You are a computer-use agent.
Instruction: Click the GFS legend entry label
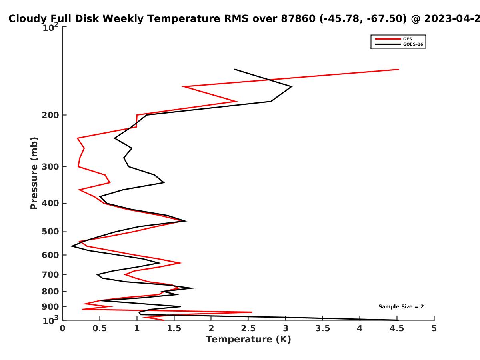(407, 39)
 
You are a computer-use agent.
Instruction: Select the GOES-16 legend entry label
(413, 44)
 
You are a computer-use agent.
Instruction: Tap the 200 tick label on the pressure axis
(50, 115)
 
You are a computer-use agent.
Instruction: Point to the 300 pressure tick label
(50, 166)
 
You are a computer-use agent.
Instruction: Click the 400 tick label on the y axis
(50, 203)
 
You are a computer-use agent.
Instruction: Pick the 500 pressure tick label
(50, 232)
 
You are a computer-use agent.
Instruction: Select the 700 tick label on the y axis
(50, 274)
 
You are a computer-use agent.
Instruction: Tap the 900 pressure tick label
(50, 307)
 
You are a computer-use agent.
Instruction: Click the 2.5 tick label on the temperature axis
(248, 328)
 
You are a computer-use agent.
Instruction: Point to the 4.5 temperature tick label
(397, 328)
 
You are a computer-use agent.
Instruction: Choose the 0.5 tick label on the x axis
(100, 328)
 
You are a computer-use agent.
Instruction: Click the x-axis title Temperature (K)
(248, 340)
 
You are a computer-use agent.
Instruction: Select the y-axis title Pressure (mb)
(34, 173)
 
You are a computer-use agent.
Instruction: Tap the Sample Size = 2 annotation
(401, 307)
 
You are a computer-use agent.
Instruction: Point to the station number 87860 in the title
(298, 19)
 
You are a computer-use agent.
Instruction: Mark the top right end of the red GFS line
(399, 70)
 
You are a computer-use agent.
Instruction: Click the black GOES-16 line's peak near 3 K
(292, 87)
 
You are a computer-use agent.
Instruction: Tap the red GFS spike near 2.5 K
(252, 312)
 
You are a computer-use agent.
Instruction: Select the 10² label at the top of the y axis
(50, 27)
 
